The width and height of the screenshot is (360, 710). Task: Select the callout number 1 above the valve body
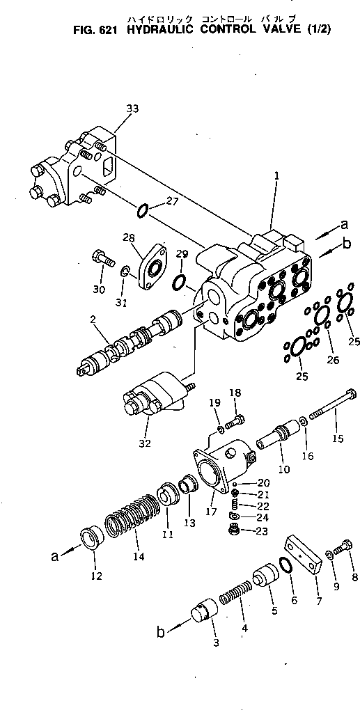pos(276,177)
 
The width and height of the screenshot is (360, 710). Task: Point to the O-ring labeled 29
pos(178,281)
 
